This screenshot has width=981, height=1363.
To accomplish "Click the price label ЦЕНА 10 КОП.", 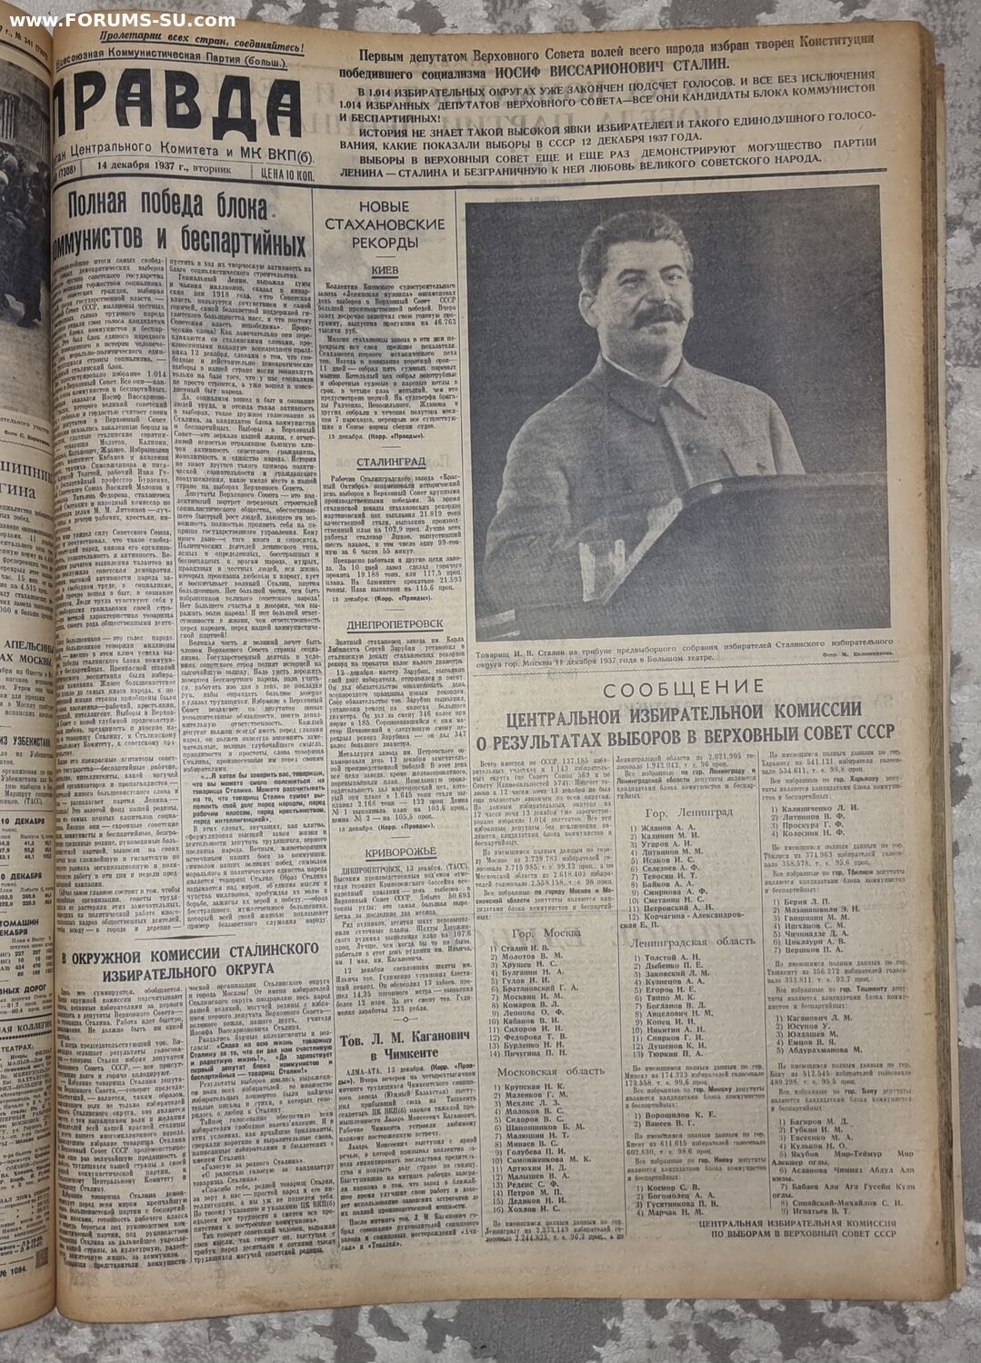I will pos(278,168).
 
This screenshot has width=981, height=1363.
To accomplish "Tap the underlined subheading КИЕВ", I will pos(385,271).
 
